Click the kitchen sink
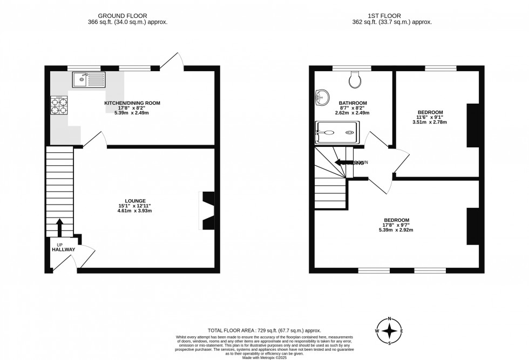click(90, 80)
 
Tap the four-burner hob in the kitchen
click(59, 105)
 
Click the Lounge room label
click(134, 201)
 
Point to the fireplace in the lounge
click(207, 210)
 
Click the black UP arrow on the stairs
click(59, 227)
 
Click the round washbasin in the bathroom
click(322, 98)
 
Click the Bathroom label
click(352, 103)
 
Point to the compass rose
click(389, 330)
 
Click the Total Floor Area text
click(264, 330)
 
